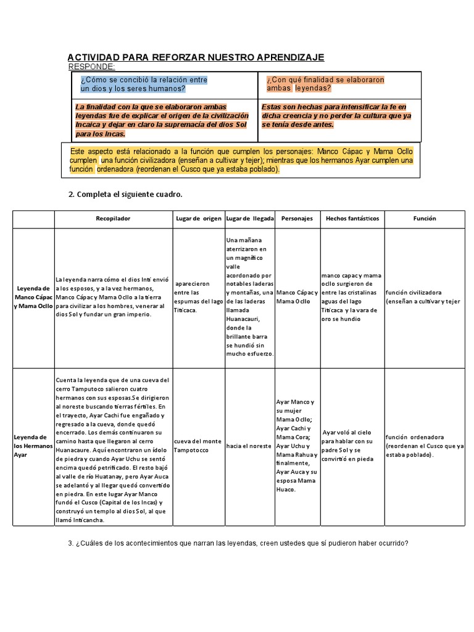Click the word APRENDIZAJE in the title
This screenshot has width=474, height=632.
coord(289,57)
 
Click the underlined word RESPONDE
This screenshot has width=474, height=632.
coord(91,66)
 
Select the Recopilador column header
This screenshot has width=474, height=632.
coord(113,218)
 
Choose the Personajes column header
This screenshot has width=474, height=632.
coord(297,218)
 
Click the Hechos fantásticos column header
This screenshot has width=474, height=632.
coord(352,218)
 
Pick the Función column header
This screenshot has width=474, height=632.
coord(425,218)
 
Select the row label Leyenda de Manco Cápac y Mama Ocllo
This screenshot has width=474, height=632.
coord(33,297)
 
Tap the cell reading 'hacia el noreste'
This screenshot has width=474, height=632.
coord(249,446)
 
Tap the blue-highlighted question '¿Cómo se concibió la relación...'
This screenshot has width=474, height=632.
coord(144,84)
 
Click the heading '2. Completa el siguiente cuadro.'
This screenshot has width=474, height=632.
coord(125,194)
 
